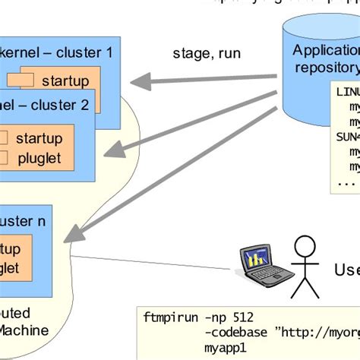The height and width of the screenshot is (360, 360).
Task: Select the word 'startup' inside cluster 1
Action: point(65,81)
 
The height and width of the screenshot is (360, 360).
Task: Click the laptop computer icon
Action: point(263,267)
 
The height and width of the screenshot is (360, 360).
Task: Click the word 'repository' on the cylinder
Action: point(327,68)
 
